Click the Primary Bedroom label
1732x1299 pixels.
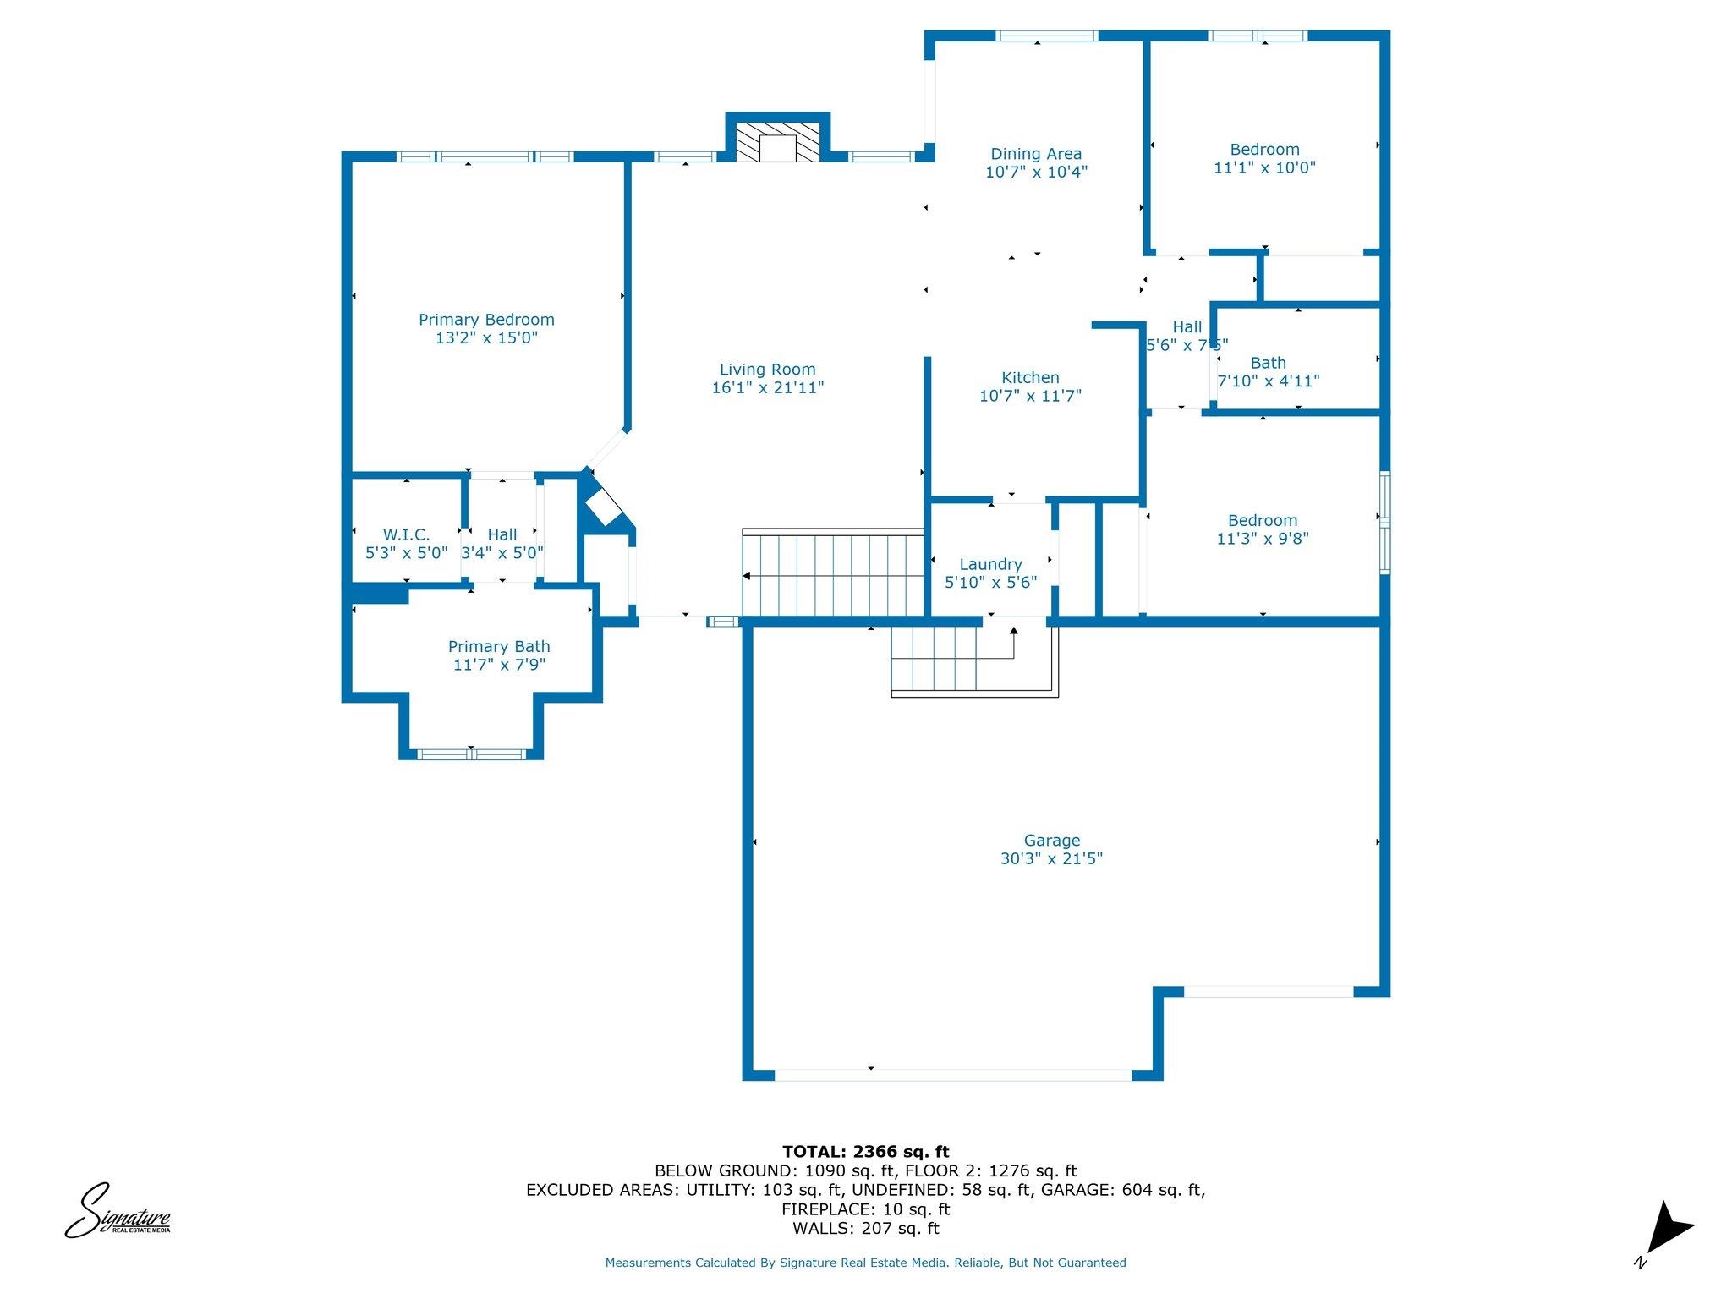(x=486, y=320)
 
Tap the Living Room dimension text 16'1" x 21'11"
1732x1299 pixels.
(x=767, y=388)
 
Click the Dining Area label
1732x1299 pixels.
(x=1036, y=154)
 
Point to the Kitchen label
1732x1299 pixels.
(x=1030, y=378)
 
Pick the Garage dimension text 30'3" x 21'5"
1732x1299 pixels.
(x=1051, y=858)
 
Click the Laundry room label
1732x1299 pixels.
(x=990, y=565)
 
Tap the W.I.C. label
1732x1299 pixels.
(x=406, y=535)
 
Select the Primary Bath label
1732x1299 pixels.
(x=499, y=647)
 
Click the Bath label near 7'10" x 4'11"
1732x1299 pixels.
(x=1268, y=364)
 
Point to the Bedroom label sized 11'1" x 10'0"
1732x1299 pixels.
(x=1264, y=150)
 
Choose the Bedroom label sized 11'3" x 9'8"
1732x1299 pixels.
(x=1263, y=521)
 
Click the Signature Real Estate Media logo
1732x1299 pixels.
(x=118, y=1211)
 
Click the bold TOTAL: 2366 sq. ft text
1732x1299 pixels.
(x=865, y=1152)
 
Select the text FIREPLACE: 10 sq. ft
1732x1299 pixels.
(x=865, y=1209)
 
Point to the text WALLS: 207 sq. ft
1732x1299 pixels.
(x=865, y=1229)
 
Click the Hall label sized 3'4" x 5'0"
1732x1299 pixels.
(x=502, y=535)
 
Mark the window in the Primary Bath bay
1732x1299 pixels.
(x=471, y=753)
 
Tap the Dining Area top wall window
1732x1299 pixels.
(x=1046, y=36)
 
